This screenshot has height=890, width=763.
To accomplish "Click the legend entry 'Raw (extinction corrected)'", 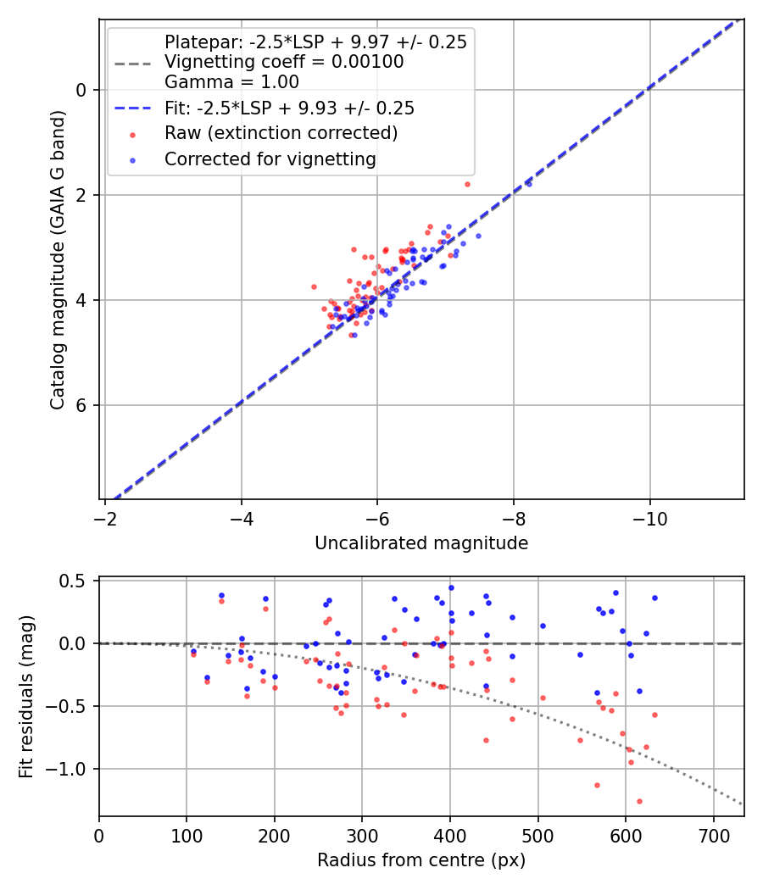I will (281, 133).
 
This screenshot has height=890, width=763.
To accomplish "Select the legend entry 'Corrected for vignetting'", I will (270, 159).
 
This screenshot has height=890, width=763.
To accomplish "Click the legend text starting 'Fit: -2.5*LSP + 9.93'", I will (289, 108).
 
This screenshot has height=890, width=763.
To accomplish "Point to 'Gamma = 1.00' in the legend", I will (231, 82).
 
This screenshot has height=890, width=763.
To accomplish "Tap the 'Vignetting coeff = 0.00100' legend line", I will (284, 62).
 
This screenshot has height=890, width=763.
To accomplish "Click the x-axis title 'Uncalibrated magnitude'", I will (421, 543).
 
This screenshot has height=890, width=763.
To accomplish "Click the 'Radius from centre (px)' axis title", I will (421, 860).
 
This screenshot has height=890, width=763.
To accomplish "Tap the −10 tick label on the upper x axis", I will (649, 516).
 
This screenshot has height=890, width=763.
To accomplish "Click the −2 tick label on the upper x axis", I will (105, 516).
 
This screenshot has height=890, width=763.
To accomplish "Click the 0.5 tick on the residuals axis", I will (77, 581).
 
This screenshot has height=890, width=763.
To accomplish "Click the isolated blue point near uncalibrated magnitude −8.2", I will (529, 183).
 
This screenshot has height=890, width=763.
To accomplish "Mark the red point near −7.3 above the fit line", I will (467, 184).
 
